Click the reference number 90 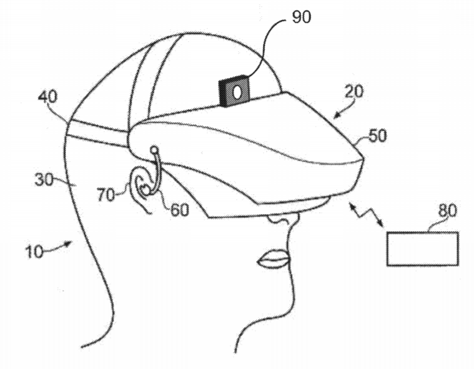tap(302, 17)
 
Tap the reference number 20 tap(354, 91)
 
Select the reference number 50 tap(378, 135)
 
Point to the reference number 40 tap(47, 97)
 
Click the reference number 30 tap(44, 180)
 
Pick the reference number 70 tap(106, 194)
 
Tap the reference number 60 tap(180, 209)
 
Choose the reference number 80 tap(448, 210)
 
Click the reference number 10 tap(34, 252)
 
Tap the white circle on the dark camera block tap(237, 92)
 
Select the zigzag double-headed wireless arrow tap(366, 215)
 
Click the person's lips tap(273, 259)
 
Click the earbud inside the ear tap(146, 190)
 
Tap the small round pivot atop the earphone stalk tap(154, 149)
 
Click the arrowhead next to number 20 tap(337, 116)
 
